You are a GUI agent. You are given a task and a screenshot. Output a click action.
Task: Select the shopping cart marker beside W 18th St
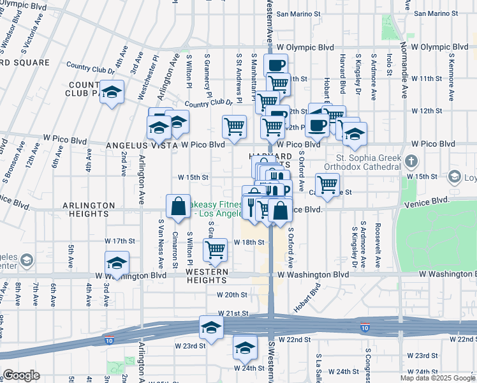click(216, 250)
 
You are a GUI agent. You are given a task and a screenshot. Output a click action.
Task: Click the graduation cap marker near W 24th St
click(245, 348)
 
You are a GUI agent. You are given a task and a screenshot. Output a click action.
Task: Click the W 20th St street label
click(231, 295)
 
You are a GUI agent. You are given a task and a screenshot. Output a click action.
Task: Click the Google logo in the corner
click(22, 375)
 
